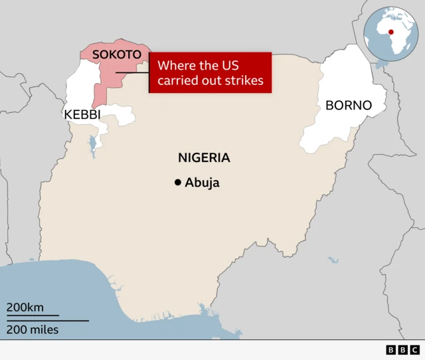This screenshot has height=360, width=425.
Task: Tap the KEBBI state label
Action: click(x=82, y=114)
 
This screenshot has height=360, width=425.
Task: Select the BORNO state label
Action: click(x=348, y=106)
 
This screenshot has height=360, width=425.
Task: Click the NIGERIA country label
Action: click(x=204, y=157)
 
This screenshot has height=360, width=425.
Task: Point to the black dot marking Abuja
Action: click(x=177, y=183)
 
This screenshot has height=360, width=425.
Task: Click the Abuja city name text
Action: click(x=202, y=183)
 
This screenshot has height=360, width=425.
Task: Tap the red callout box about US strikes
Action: click(x=211, y=73)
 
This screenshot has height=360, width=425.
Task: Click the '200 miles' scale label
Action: click(x=33, y=329)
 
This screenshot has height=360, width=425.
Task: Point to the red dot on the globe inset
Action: click(x=391, y=31)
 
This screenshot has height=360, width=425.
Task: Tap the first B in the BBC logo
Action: click(x=390, y=349)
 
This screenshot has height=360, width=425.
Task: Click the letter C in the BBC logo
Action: click(x=414, y=349)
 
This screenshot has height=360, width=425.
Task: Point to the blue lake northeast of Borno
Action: click(x=381, y=64)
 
